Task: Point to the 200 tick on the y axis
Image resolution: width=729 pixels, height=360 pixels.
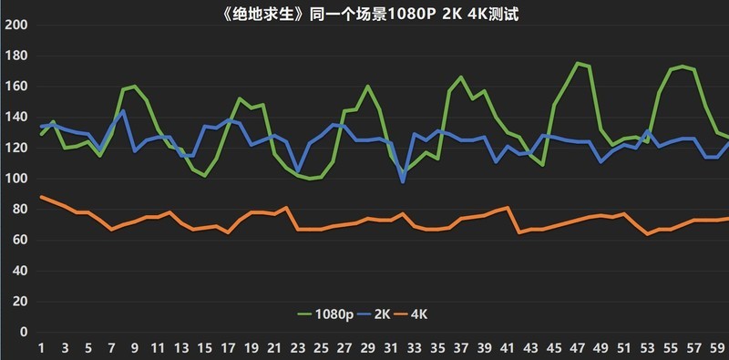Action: pos(15,25)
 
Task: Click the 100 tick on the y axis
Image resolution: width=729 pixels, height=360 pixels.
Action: pos(15,179)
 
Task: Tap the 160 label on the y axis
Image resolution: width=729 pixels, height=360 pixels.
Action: pos(15,87)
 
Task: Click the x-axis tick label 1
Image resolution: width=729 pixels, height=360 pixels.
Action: pos(41,348)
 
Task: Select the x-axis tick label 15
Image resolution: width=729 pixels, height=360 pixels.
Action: pos(205,348)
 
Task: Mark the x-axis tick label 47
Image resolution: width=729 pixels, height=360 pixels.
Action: pos(579,348)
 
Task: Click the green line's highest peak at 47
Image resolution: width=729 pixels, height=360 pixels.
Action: pos(579,63)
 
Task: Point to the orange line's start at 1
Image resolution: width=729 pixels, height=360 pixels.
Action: pos(41,197)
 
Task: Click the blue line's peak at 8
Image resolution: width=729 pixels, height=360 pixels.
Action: pos(123,110)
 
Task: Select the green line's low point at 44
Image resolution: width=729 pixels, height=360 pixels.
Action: pos(543,165)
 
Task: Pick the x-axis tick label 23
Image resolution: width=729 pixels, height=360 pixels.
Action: pos(298,348)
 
